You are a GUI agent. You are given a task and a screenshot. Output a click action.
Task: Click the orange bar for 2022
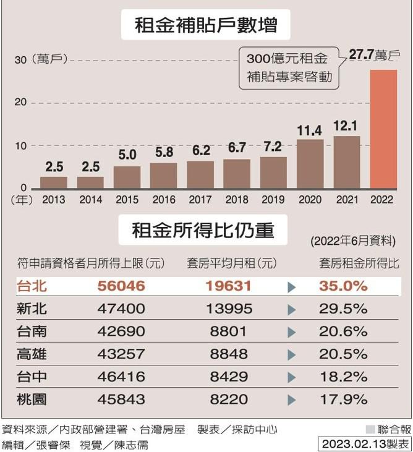383,129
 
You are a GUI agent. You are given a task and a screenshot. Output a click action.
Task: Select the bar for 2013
54,182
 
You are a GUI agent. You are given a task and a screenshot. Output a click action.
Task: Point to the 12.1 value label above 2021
346,126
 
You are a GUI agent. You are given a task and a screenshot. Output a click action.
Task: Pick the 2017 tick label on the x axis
200,200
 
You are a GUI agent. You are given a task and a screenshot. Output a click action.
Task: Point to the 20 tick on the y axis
20,102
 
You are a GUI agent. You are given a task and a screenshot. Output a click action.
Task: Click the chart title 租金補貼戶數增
206,26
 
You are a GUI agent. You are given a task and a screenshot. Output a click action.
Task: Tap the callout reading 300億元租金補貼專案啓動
289,68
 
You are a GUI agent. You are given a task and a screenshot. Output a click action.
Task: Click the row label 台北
32,286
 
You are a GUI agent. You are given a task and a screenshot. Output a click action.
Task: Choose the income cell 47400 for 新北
121,309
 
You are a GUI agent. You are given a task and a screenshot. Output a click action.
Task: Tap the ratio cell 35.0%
343,286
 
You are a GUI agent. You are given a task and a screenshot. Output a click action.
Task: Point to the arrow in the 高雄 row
292,354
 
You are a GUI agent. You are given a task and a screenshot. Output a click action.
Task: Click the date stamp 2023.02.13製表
365,443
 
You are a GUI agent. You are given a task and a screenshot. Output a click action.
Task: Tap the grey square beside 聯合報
370,429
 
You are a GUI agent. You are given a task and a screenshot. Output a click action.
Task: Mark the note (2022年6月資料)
352,241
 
